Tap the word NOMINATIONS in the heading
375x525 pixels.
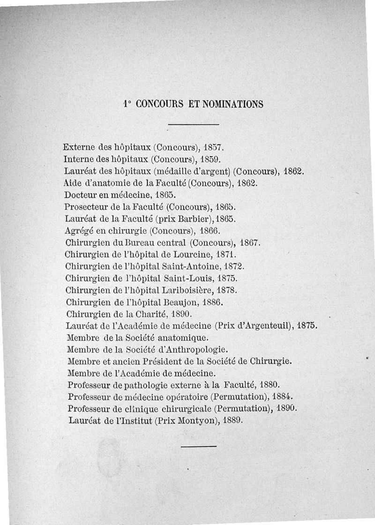coord(232,104)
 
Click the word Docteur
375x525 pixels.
coord(80,194)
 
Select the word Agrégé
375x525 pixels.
coord(79,231)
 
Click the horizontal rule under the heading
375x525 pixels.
coord(194,124)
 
